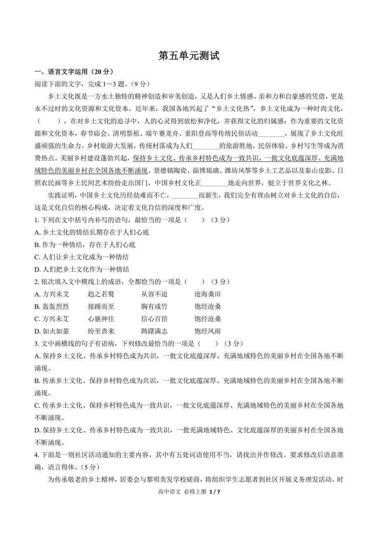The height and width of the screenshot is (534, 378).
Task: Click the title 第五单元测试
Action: coord(189,56)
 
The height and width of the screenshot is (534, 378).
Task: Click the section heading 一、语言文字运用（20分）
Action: coord(74,72)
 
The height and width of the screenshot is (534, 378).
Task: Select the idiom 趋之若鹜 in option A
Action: coord(101,294)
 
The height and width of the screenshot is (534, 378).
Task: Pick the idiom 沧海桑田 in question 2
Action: coord(208,294)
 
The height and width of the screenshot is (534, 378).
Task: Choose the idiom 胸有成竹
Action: coord(154,306)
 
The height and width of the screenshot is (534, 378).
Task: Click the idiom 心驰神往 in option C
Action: coord(101,319)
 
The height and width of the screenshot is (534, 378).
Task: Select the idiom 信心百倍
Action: coord(154,319)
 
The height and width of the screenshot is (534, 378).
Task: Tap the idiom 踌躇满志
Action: coord(154,331)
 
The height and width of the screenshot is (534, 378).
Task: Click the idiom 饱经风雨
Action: coord(208,331)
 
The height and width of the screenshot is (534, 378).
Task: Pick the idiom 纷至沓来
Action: coord(101,331)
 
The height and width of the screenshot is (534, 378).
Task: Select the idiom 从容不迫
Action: coord(154,294)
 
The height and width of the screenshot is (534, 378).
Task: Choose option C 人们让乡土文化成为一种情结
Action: coord(82,257)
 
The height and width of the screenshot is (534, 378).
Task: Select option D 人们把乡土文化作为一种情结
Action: coord(82,269)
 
